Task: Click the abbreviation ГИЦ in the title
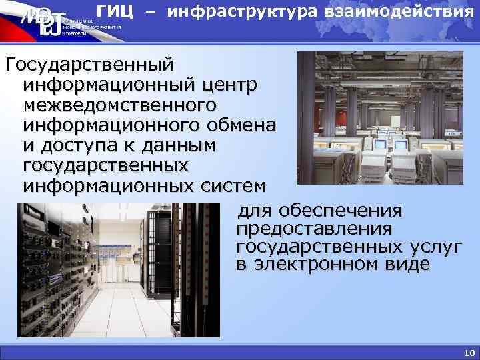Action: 115,11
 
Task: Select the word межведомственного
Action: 120,105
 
